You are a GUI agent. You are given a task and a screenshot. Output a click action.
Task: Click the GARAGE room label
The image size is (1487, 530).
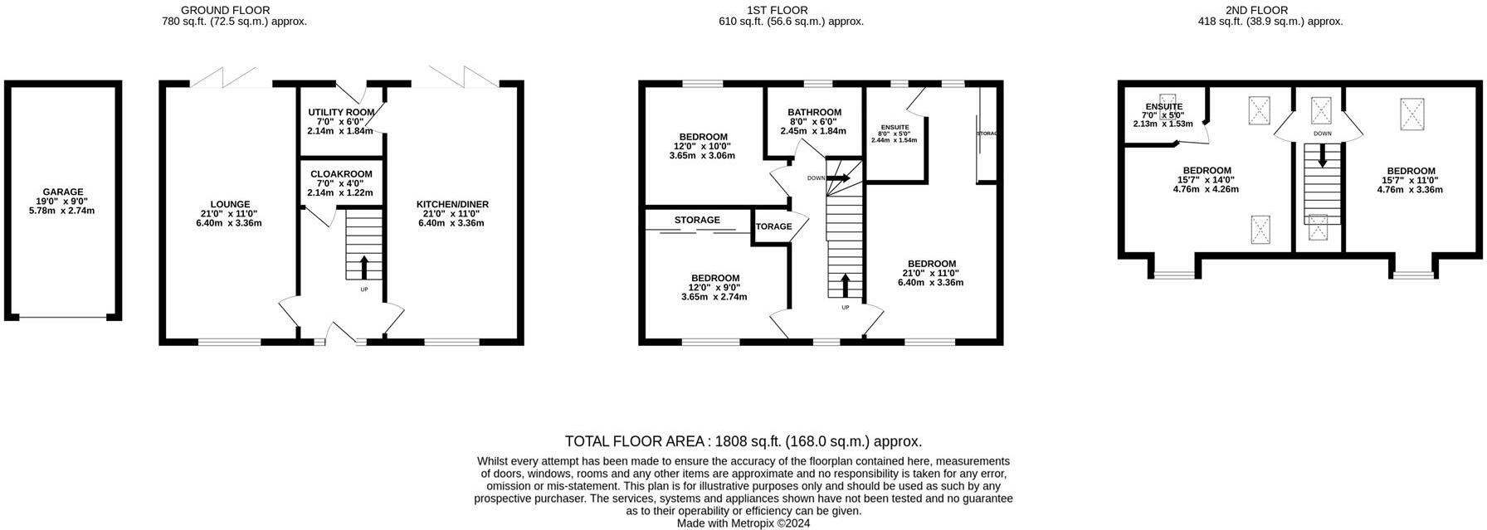pos(63,192)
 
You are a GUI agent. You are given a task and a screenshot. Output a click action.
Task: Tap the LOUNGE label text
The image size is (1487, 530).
pos(231,204)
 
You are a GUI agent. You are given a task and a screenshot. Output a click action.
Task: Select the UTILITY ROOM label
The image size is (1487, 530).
pos(341,112)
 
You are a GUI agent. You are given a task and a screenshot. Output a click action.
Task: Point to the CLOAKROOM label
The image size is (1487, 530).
pos(341,174)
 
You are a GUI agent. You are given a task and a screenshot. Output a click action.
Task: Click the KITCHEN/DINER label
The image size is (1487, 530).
pos(452,204)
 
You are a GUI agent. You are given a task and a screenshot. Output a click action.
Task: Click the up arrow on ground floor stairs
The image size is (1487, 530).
pos(363,268)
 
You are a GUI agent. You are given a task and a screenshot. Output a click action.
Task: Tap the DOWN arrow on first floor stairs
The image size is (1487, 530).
pos(838,177)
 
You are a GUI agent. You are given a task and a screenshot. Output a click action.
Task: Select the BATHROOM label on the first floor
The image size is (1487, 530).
pos(815,112)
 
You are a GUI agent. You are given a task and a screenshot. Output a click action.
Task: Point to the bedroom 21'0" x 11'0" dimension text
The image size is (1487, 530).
pos(931,273)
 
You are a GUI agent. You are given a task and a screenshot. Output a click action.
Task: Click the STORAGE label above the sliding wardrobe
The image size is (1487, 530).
pos(697,220)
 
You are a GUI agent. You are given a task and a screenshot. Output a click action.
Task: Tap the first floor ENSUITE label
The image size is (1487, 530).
pos(894,127)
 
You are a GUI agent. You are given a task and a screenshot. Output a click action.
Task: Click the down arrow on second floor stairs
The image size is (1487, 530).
pos(1323,156)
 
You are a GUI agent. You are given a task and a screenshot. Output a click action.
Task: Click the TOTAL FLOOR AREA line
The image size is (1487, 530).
pos(743,441)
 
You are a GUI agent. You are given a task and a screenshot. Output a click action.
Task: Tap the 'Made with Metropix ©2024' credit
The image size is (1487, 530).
pos(743,523)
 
